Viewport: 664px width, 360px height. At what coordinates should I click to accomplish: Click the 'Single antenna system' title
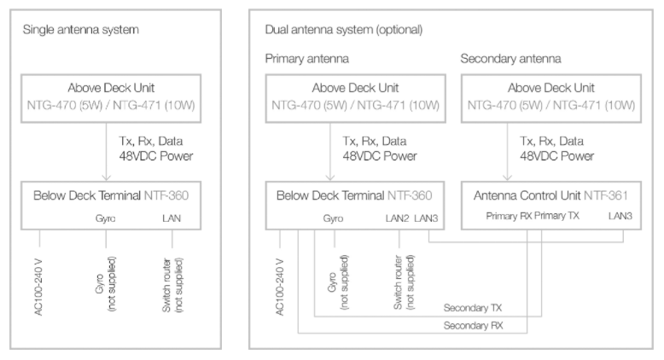point(80,30)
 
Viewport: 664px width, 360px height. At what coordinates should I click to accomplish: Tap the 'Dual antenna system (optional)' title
point(344,30)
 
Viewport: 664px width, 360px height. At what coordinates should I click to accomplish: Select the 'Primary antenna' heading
point(307,58)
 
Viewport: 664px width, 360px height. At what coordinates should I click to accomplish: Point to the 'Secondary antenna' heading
point(510,58)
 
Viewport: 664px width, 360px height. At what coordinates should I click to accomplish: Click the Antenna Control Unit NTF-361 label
point(550,195)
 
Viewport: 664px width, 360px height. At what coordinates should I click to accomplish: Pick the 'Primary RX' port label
point(509,216)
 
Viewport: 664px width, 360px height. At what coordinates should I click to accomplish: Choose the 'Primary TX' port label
point(556,216)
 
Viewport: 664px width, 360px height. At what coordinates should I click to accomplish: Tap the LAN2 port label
point(397,218)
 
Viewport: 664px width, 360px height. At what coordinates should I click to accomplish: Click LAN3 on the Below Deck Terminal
point(426,218)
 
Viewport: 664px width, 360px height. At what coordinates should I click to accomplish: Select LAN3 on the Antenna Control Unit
point(620,216)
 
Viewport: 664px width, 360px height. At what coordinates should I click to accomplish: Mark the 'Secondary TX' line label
point(473,308)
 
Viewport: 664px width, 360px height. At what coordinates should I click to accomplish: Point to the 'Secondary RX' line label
point(473,326)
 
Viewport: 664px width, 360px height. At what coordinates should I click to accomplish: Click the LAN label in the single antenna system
point(172,218)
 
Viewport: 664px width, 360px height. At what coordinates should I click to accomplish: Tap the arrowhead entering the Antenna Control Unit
point(507,177)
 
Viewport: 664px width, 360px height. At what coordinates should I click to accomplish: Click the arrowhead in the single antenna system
point(107,177)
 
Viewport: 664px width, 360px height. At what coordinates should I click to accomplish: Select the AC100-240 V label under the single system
point(38,287)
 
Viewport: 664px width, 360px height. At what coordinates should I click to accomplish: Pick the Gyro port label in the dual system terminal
point(333,218)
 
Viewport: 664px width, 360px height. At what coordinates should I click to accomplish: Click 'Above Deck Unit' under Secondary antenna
point(551,88)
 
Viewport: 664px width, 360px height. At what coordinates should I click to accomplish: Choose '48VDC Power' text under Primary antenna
point(380,156)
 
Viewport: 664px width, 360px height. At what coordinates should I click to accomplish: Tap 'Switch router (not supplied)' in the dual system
point(404,282)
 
